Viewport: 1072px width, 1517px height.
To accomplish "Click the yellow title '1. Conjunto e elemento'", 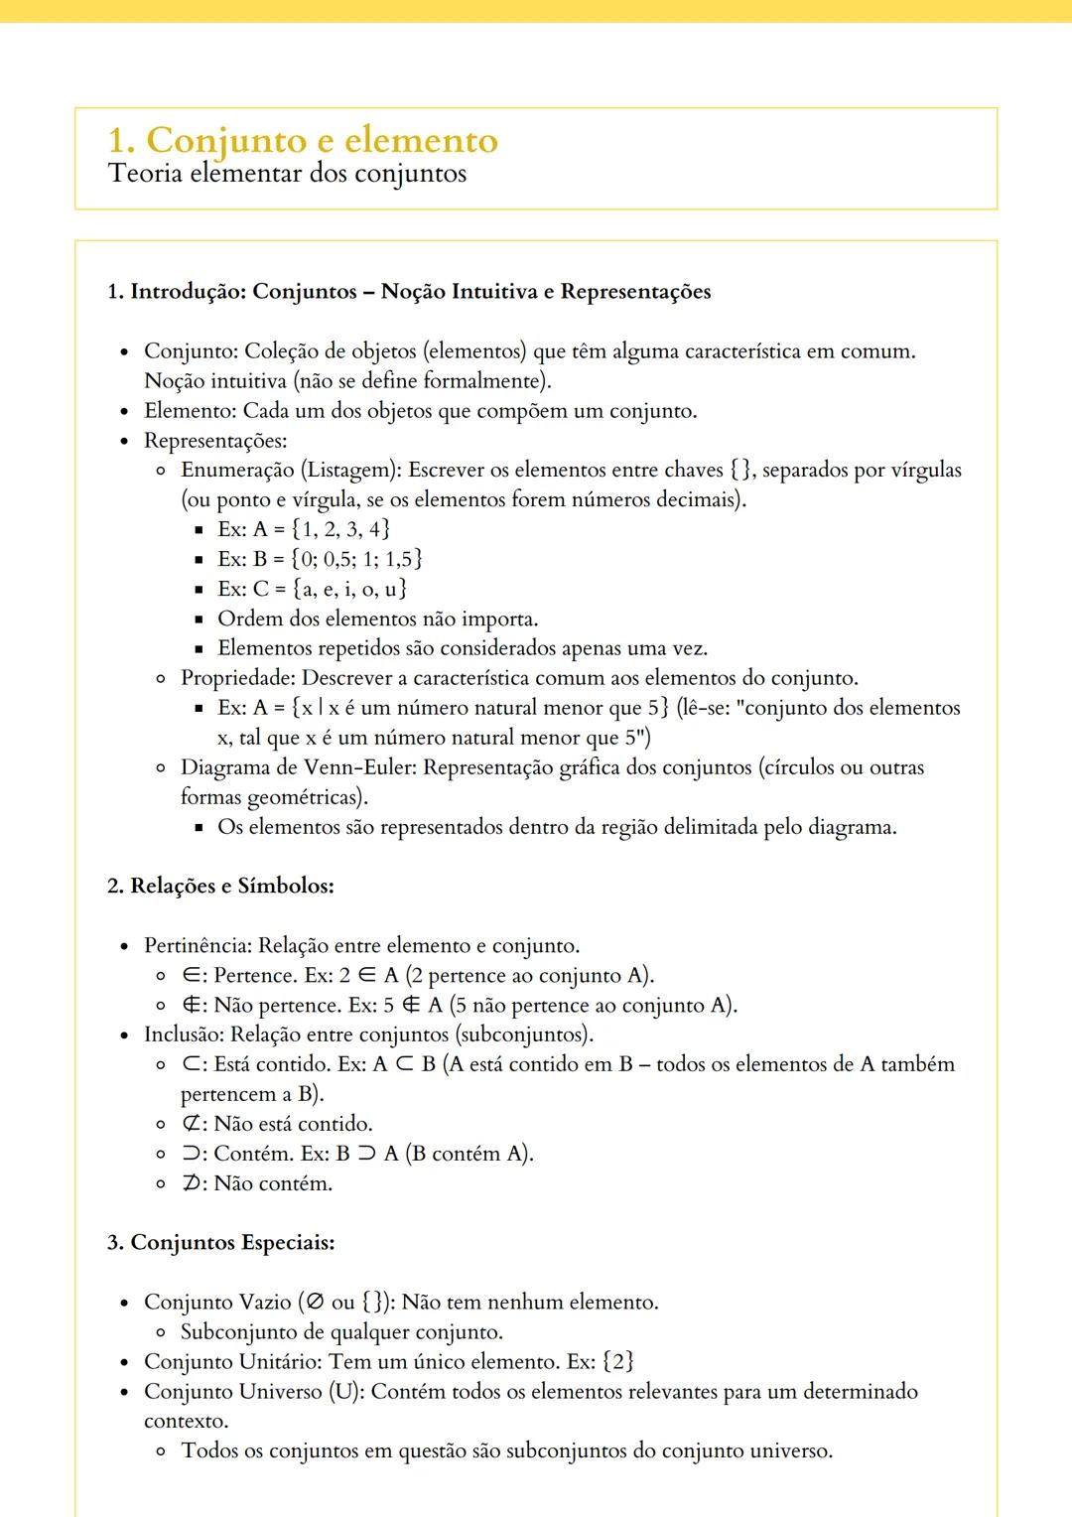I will coord(303,140).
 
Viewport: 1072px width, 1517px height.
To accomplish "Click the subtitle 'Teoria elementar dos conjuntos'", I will coord(287,174).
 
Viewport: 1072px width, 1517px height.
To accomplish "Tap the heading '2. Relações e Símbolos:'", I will coord(220,886).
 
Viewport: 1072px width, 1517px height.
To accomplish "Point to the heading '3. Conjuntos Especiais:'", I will coord(220,1242).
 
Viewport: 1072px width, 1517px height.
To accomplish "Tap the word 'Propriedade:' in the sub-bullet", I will coord(238,678).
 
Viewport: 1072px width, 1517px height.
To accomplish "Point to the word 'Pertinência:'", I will coord(198,945).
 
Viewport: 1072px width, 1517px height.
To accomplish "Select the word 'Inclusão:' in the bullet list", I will coord(185,1034).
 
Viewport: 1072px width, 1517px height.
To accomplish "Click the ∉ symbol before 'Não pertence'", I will coord(192,1005).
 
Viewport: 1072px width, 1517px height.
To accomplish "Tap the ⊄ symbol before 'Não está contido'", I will coord(192,1124).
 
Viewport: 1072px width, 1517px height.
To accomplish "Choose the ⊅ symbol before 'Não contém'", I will coord(192,1183).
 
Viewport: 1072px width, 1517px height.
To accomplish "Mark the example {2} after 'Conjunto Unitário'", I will coord(618,1361).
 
